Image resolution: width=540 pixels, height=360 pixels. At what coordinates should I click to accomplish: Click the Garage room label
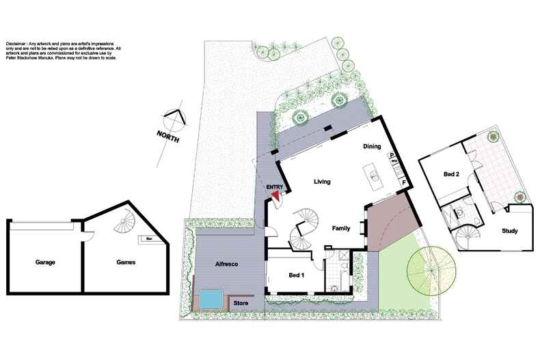[x=45, y=262]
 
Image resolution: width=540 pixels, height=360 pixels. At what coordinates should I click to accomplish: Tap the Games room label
[x=125, y=262]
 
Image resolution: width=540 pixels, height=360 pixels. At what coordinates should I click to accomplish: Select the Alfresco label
[x=226, y=263]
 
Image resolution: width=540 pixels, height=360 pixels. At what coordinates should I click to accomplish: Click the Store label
[x=241, y=303]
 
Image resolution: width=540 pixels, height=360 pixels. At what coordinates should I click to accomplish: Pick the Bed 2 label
[x=451, y=175]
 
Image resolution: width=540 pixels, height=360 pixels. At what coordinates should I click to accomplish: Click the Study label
[x=509, y=231]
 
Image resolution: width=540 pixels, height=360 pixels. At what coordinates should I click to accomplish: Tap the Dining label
[x=372, y=146]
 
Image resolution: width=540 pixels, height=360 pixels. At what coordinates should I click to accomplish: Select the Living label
[x=322, y=182]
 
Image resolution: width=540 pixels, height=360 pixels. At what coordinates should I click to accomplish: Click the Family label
[x=342, y=228]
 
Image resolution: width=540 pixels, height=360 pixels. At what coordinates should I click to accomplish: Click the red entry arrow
[x=276, y=195]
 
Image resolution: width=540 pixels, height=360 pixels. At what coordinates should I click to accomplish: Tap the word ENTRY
[x=274, y=186]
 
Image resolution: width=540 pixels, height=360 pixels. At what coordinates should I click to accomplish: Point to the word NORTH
[x=167, y=135]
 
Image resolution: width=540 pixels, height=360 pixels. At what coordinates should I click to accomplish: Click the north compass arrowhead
[x=176, y=117]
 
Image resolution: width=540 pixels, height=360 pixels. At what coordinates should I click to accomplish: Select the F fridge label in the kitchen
[x=404, y=182]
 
